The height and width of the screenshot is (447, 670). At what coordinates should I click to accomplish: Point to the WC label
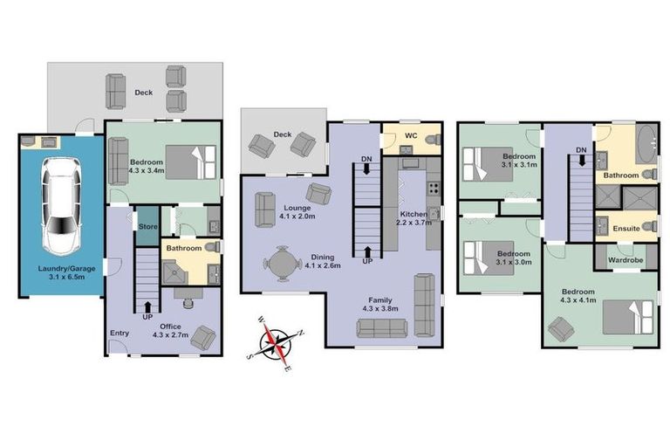click(412, 137)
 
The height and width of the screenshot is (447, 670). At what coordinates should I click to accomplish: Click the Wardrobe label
click(626, 258)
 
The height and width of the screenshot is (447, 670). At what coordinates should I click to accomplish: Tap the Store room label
click(147, 226)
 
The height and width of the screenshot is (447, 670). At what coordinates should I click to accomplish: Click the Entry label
click(119, 333)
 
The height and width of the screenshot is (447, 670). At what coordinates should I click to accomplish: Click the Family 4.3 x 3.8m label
click(379, 303)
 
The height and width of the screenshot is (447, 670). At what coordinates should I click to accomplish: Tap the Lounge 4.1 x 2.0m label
click(297, 210)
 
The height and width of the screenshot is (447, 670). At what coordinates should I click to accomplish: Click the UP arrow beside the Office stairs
click(147, 305)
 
